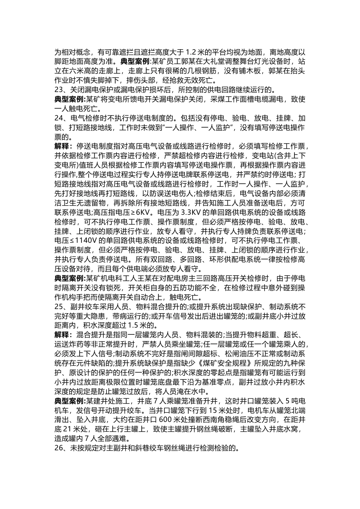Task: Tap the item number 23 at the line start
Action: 59,90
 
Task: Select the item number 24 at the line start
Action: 59,118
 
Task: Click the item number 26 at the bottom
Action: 59,448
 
